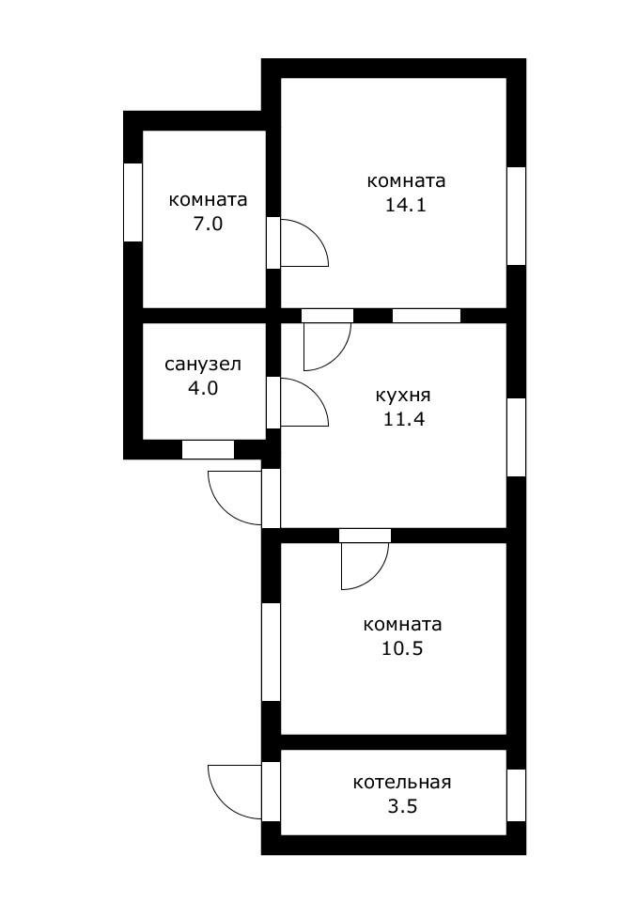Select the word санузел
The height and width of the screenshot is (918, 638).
[203, 364]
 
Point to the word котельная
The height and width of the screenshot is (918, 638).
[402, 782]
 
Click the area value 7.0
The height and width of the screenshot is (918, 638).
[208, 225]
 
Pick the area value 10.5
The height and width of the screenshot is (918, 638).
[403, 648]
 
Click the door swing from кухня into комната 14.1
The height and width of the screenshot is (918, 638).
[324, 343]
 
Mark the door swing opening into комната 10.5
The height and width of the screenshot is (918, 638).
[362, 564]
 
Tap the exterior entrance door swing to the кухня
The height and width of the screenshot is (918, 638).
[235, 496]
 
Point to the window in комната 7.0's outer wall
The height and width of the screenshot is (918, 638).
[132, 202]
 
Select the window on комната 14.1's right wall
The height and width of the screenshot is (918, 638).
[516, 216]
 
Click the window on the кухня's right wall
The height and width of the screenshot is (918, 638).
[516, 437]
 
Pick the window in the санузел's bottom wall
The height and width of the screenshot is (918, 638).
[208, 450]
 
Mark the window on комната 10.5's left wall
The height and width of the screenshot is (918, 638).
[271, 651]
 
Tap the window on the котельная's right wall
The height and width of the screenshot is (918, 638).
[516, 795]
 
